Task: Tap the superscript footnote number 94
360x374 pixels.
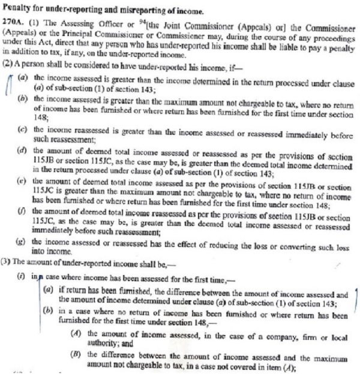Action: coord(145,19)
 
